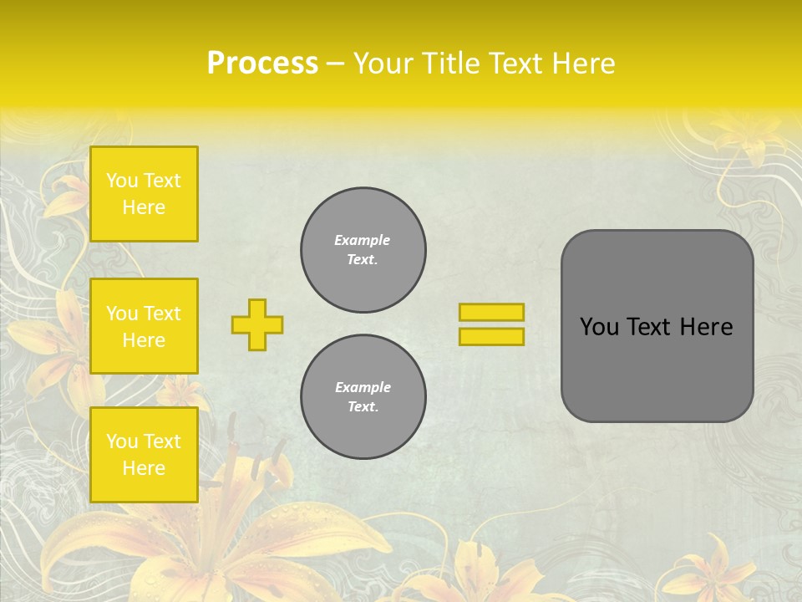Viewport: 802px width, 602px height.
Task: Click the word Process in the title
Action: pos(262,63)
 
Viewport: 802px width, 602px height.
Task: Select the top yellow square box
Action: pos(144,194)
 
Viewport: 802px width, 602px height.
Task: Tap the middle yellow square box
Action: pos(144,326)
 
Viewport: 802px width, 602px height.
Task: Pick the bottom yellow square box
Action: pos(144,454)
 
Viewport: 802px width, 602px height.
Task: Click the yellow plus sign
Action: pos(257,324)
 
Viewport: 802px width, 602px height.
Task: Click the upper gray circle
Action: pos(363,250)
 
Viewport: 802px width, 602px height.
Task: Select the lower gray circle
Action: pos(363,397)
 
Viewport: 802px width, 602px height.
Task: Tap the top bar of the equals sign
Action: pos(491,312)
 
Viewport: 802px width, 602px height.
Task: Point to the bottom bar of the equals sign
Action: pos(491,336)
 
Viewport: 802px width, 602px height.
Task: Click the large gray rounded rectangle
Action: pos(657,376)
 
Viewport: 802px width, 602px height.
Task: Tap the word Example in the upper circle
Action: pos(363,240)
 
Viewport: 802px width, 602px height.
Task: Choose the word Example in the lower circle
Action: pos(363,387)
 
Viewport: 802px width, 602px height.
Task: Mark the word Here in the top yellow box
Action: pos(144,207)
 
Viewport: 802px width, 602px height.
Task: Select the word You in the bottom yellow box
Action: pos(122,441)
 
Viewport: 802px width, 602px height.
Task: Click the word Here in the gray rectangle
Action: pos(706,327)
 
